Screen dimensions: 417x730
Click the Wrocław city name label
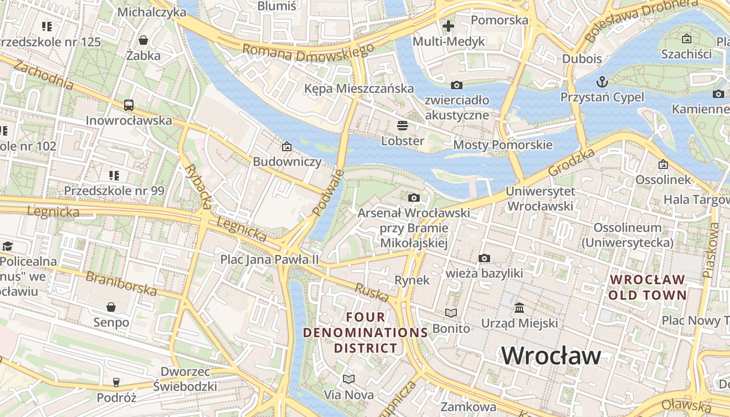[x=551, y=356]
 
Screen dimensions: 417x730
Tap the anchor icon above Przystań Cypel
[x=602, y=82]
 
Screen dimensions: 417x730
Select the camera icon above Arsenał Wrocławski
[x=414, y=198]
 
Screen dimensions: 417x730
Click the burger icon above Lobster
[x=402, y=126]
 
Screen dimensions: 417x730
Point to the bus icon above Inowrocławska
[x=129, y=105]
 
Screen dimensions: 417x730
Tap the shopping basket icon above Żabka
[x=143, y=40]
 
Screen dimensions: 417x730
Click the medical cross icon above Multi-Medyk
[x=448, y=26]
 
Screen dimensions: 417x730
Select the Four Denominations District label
[x=366, y=332]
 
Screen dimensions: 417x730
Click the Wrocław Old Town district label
[x=648, y=287]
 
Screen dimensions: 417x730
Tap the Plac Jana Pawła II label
[x=269, y=259]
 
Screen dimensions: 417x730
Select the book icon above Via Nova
[x=349, y=379]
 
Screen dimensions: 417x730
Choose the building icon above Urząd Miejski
[x=519, y=308]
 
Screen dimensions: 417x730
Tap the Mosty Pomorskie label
[x=503, y=144]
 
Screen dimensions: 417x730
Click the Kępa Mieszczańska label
[x=359, y=89]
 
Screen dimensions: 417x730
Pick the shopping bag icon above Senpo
[x=111, y=307]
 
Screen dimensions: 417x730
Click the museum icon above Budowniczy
[x=286, y=146]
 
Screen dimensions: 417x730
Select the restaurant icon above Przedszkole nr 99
[x=114, y=175]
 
